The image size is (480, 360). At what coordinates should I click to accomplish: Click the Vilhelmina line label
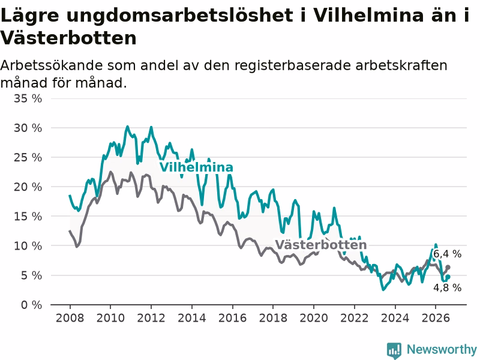pos(196,167)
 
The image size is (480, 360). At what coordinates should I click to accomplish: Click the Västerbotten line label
pos(320,245)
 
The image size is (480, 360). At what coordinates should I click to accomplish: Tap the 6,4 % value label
pos(447,254)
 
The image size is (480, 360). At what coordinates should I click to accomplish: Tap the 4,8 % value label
pos(447,287)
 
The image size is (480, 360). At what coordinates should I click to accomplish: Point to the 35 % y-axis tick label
pos(28,98)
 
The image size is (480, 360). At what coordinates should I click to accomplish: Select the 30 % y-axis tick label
pos(28,128)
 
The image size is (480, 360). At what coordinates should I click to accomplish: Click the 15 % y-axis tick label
pos(28,217)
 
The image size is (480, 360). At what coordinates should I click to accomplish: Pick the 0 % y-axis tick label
pos(32,305)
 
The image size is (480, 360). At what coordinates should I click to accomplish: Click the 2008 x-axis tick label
pos(70,318)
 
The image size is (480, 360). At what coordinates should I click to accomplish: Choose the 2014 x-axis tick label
pos(192,318)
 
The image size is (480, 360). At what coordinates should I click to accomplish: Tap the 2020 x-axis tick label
pos(314,318)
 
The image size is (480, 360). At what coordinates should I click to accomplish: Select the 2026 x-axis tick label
pos(436,318)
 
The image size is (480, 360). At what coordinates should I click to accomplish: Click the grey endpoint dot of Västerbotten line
pos(448,267)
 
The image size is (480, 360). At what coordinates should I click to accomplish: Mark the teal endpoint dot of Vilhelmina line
pos(448,277)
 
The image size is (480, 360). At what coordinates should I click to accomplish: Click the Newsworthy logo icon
pos(394,350)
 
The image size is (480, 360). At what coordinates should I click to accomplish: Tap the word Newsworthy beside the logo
pos(442,349)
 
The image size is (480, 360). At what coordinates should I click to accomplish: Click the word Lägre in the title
pos(29,15)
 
